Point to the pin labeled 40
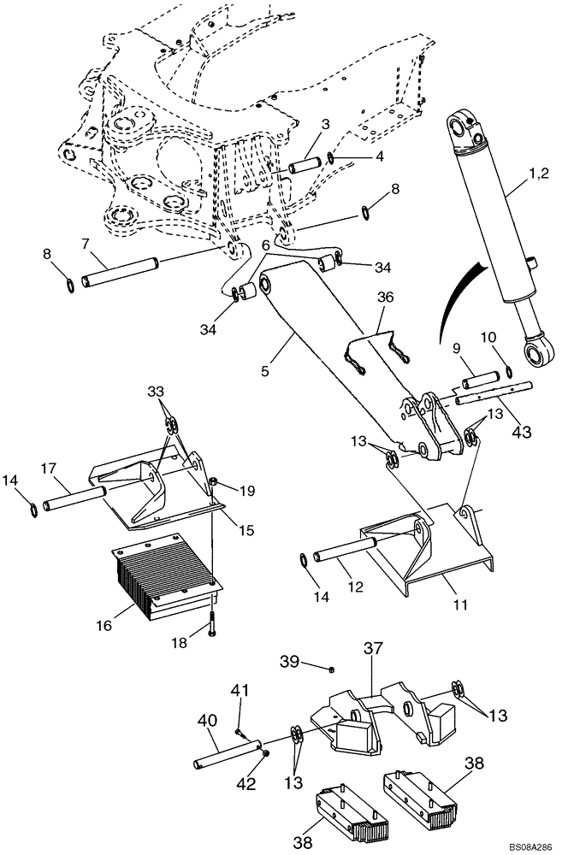228,755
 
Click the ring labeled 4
330,159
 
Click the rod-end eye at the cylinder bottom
535,352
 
